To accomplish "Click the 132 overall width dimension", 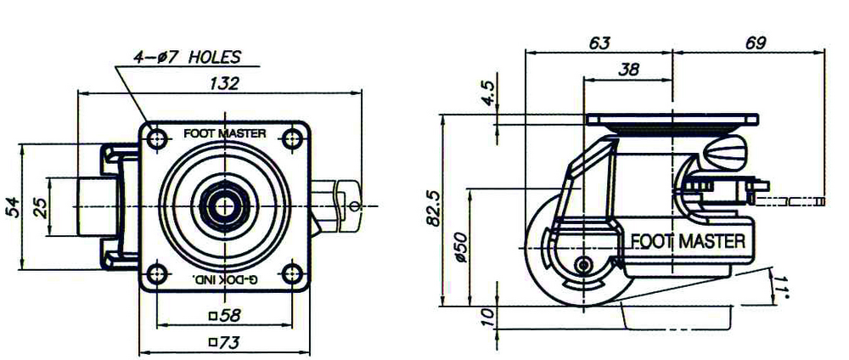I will [223, 83].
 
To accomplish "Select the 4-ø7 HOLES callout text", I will [187, 58].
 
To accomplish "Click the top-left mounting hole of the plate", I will [155, 137].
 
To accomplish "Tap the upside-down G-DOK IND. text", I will [224, 278].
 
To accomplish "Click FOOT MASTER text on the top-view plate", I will [224, 133].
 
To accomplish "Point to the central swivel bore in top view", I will [224, 205].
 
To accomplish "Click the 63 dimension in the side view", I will [599, 42].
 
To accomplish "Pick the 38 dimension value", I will [628, 70].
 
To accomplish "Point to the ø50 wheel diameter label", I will [461, 246].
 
